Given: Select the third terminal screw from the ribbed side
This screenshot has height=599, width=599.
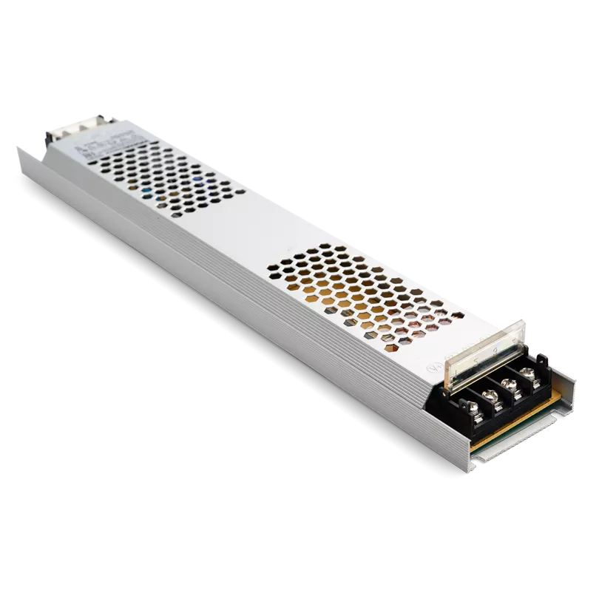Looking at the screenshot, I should point(510,384).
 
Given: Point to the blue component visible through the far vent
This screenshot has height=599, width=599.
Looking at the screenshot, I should point(197,180).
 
